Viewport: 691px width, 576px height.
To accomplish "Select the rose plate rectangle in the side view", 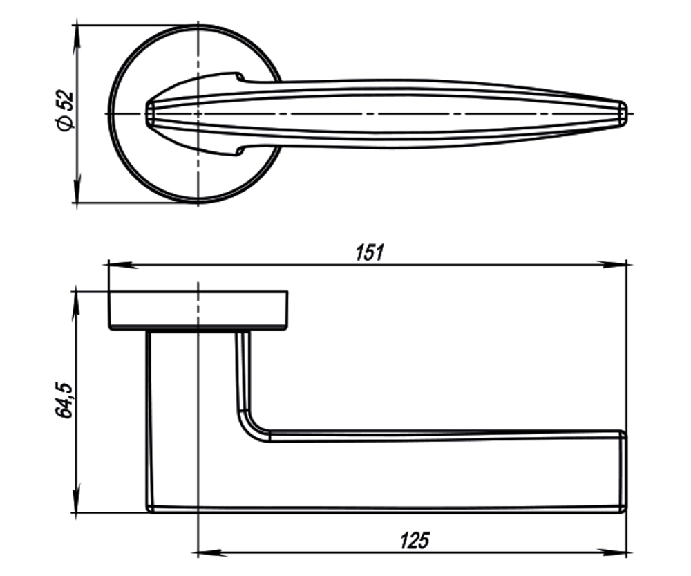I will click(x=198, y=310).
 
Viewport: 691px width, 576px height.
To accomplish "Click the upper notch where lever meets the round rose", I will click(x=239, y=75).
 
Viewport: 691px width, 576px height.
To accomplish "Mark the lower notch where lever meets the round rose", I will click(x=239, y=150).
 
